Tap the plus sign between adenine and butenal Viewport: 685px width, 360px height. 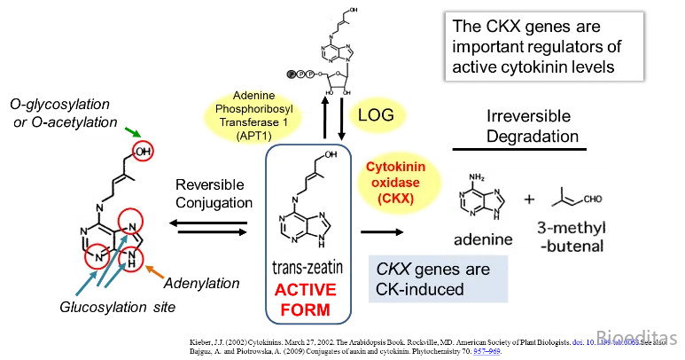530,200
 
